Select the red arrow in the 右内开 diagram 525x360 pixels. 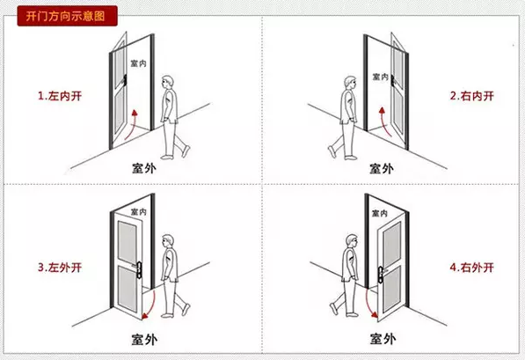pyautogui.click(x=383, y=121)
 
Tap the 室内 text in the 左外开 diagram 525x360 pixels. pyautogui.click(x=138, y=212)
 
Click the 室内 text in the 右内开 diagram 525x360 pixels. pyautogui.click(x=382, y=77)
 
